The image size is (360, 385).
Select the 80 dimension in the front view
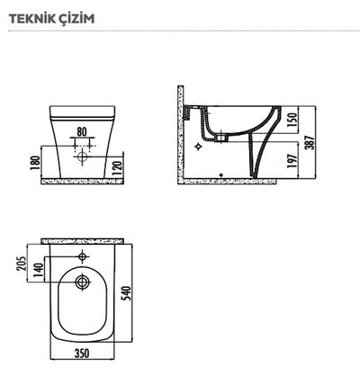click(x=82, y=131)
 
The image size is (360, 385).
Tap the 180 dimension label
click(x=35, y=163)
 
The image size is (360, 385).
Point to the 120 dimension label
click(x=118, y=168)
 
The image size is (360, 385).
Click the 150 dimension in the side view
click(x=292, y=120)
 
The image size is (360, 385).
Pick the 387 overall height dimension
click(x=310, y=143)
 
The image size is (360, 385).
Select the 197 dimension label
click(x=292, y=161)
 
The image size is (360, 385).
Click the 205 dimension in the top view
click(x=22, y=264)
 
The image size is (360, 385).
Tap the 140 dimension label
click(x=39, y=270)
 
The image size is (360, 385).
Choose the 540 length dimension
click(x=127, y=293)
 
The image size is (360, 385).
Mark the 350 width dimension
click(x=82, y=354)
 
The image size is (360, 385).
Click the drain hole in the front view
click(x=82, y=157)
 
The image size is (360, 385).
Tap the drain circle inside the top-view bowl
click(x=82, y=282)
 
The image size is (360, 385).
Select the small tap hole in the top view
click(x=82, y=256)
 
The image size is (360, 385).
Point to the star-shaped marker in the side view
click(x=198, y=147)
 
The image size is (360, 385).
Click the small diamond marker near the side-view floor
click(x=221, y=175)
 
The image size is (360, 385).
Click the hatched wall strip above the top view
click(x=83, y=241)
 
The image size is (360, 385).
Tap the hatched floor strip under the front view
click(x=82, y=181)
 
